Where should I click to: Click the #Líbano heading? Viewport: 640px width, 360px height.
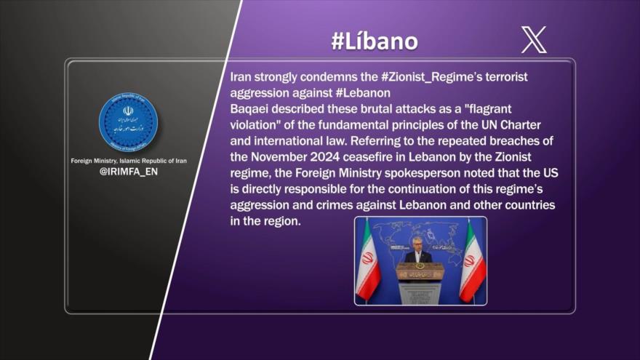pyautogui.click(x=375, y=41)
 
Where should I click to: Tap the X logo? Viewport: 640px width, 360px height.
pyautogui.click(x=534, y=40)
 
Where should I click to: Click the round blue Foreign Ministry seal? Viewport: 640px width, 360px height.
pyautogui.click(x=128, y=121)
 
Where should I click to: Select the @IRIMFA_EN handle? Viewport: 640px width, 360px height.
pyautogui.click(x=129, y=172)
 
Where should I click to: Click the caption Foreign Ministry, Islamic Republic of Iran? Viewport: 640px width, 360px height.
pyautogui.click(x=129, y=161)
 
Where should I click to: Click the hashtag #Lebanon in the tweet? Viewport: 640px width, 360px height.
pyautogui.click(x=363, y=93)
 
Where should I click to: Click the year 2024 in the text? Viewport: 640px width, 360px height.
pyautogui.click(x=325, y=157)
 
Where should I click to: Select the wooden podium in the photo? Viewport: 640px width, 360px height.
pyautogui.click(x=420, y=282)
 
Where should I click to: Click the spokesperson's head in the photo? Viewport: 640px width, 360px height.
pyautogui.click(x=417, y=245)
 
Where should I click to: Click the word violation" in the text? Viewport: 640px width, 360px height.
pyautogui.click(x=254, y=125)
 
